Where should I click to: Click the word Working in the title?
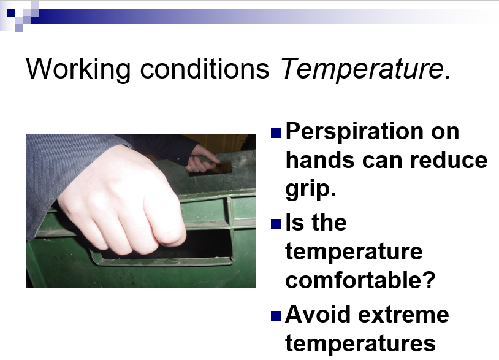click(x=78, y=69)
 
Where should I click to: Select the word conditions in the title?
click(x=205, y=69)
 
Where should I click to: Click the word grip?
click(x=311, y=190)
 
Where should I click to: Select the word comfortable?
click(x=360, y=280)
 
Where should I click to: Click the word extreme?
click(x=403, y=315)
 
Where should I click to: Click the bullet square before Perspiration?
click(x=276, y=132)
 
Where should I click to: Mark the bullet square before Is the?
click(x=276, y=224)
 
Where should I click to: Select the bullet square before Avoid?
click(x=276, y=316)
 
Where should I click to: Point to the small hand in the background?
click(x=202, y=159)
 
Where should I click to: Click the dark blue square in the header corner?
click(x=10, y=12)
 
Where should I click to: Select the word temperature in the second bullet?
click(x=354, y=252)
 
